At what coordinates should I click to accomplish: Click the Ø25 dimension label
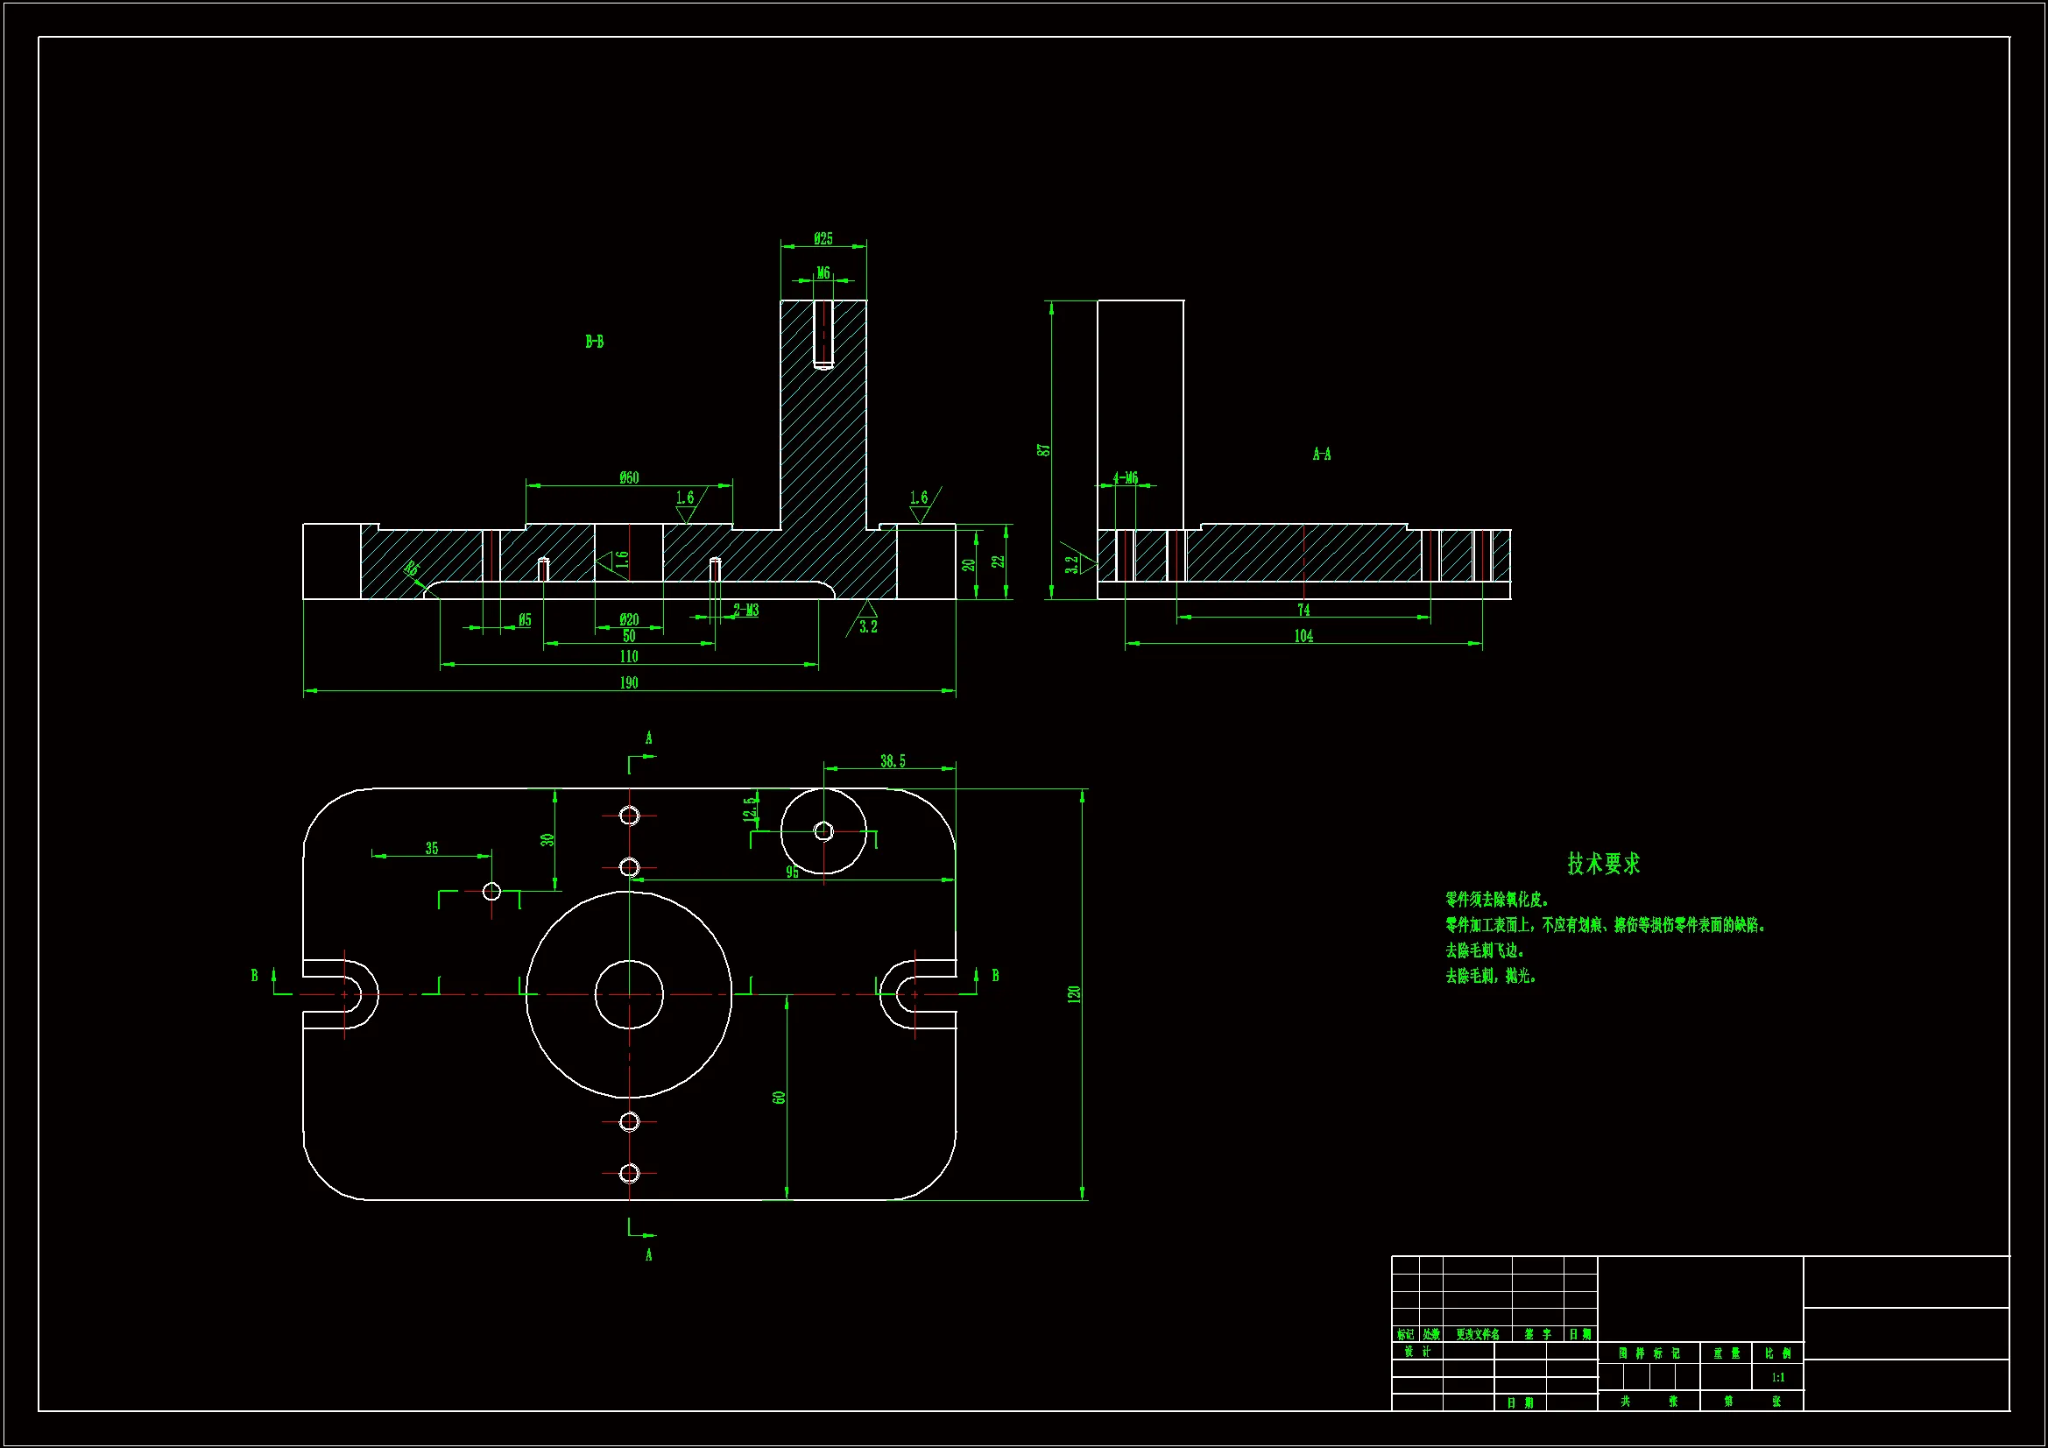tap(823, 238)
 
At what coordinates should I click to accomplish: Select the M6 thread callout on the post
tap(823, 273)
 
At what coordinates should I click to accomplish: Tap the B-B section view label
tap(594, 342)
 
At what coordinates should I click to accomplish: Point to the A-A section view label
tap(1321, 455)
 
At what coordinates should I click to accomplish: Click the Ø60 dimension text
tap(629, 478)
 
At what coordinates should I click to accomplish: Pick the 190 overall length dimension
tap(629, 682)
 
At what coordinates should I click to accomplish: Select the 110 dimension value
tap(629, 657)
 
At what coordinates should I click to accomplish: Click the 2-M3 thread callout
tap(745, 611)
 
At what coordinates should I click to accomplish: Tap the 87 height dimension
tap(1043, 449)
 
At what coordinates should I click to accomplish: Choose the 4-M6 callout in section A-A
tap(1126, 478)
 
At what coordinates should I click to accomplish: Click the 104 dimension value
tap(1303, 636)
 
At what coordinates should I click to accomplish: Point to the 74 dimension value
tap(1303, 611)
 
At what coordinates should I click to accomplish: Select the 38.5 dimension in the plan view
tap(892, 761)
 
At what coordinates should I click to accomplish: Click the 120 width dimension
tap(1074, 994)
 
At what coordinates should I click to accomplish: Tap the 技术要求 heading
tap(1604, 864)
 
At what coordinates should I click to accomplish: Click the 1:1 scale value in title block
tap(1777, 1378)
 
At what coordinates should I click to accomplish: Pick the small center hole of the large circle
tap(629, 994)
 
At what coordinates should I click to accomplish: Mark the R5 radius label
tap(411, 569)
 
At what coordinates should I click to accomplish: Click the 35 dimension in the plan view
tap(432, 849)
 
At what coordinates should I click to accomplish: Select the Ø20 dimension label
tap(629, 619)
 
